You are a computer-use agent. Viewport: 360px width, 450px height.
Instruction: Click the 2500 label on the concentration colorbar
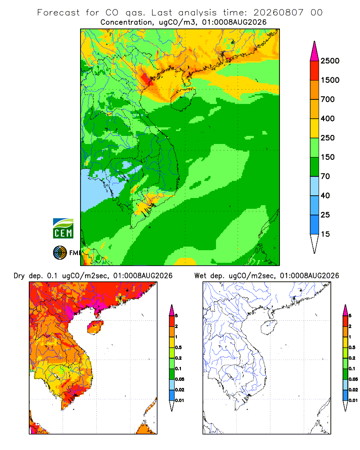[x=330, y=61]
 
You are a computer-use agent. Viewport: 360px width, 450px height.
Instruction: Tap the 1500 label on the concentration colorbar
[x=330, y=80]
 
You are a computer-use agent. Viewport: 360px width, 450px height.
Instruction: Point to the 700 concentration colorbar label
[x=328, y=99]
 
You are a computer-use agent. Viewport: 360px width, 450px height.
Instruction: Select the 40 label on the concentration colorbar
[x=325, y=195]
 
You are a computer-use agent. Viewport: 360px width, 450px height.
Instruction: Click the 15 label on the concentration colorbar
[x=325, y=234]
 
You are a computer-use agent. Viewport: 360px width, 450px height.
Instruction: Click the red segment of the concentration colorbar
[x=315, y=71]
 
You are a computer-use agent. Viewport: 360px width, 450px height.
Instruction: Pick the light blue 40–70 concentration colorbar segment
[x=315, y=186]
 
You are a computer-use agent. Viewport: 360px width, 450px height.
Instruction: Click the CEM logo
[x=63, y=229]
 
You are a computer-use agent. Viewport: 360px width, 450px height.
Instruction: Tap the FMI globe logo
[x=60, y=253]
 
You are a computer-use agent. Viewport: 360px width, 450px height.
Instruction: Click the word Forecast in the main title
[x=58, y=13]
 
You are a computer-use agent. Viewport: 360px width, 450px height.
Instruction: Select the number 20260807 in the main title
[x=278, y=13]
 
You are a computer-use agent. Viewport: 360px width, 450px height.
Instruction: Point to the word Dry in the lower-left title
[x=19, y=276]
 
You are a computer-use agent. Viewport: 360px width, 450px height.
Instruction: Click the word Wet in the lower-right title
[x=200, y=276]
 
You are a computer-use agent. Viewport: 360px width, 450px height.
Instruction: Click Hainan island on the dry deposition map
[x=95, y=327]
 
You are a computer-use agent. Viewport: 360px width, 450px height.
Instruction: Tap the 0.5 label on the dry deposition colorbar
[x=178, y=347]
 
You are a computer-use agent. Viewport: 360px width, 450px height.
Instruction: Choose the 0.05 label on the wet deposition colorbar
[x=353, y=379]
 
